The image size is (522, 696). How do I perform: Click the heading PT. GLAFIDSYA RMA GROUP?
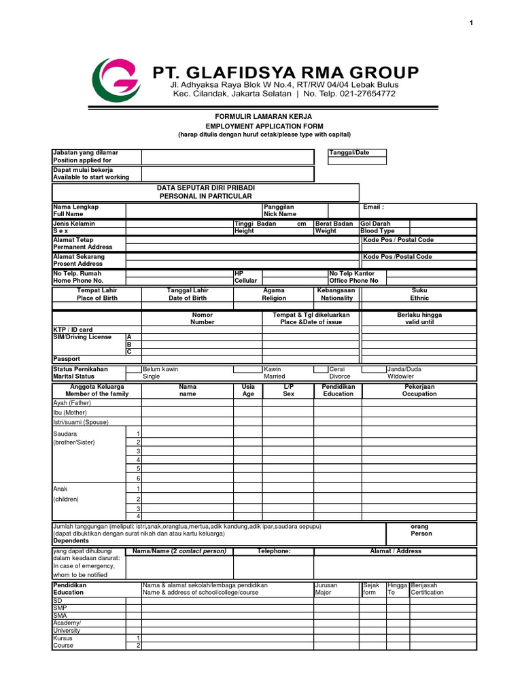click(x=285, y=72)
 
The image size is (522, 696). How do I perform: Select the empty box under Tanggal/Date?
click(x=358, y=161)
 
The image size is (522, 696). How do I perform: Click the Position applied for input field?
click(x=228, y=157)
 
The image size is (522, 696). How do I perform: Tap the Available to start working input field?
click(x=228, y=174)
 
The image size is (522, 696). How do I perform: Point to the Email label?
click(x=373, y=207)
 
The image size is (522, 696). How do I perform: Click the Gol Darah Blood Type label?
click(x=377, y=227)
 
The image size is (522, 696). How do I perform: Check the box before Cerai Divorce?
click(x=320, y=370)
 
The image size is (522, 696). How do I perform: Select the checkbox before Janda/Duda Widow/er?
click(x=372, y=370)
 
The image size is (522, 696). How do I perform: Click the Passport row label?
click(x=67, y=359)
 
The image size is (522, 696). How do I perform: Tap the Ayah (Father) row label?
click(x=72, y=403)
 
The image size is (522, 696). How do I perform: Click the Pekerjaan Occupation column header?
click(x=419, y=390)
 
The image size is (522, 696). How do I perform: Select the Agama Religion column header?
click(x=274, y=294)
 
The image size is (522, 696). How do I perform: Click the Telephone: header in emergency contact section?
click(x=274, y=551)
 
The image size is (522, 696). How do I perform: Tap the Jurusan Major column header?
click(x=326, y=589)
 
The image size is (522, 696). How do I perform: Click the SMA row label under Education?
click(x=60, y=616)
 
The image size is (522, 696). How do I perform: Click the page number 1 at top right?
click(x=470, y=24)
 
